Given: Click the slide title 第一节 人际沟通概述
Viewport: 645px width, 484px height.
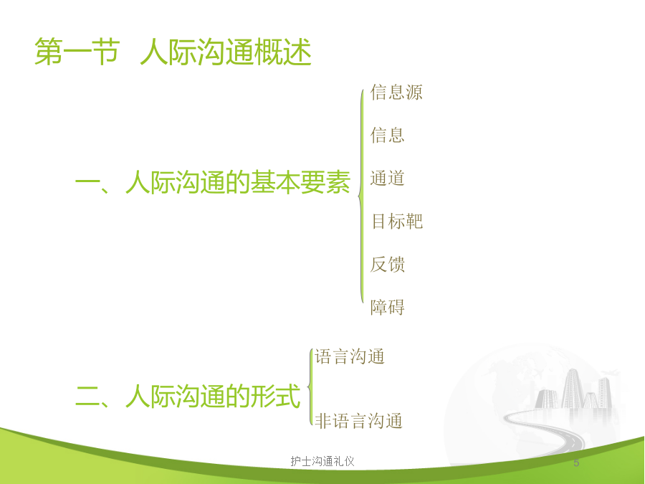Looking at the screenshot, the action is coord(173,52).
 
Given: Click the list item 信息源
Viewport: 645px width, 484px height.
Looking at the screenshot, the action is coord(396,92).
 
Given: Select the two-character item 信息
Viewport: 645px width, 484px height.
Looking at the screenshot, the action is coord(388,135).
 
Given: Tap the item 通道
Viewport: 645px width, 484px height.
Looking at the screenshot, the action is coord(388,179).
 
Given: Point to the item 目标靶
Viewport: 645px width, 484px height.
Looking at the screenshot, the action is coord(397,221).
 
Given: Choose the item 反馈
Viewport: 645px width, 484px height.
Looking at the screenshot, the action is coord(388,264).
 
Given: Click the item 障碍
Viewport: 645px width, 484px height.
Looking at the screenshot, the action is coord(388,307).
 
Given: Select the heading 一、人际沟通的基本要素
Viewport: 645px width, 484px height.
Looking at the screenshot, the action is coord(213,182).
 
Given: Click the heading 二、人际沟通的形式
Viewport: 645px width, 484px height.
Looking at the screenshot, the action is coord(188,396).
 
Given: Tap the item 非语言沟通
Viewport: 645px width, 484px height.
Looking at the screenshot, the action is coord(359,421).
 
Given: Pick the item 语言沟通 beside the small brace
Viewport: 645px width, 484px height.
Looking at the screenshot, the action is coord(350,356).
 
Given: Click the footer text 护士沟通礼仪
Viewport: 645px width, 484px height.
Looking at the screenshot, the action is coord(322,461).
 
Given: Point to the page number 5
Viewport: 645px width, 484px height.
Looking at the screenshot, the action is coord(576,463).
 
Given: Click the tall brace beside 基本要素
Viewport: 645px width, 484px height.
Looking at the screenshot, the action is coord(361,196).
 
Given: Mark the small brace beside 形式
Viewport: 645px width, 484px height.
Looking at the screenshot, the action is coord(310,387).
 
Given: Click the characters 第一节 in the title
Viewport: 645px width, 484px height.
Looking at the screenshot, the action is coord(77,52).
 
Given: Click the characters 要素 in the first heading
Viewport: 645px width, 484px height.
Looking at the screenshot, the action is coord(325,182).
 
